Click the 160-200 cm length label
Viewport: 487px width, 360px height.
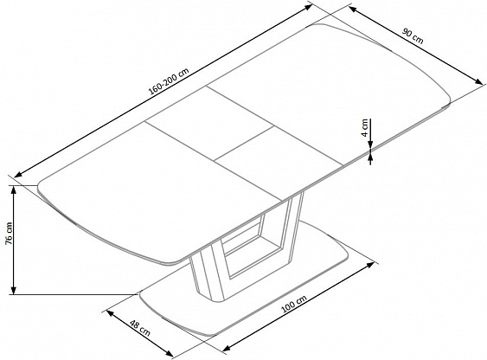[169, 81]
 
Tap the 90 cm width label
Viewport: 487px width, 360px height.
[413, 36]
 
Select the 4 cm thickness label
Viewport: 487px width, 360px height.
[365, 127]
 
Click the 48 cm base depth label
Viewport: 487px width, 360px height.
[140, 328]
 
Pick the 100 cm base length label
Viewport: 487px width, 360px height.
[294, 304]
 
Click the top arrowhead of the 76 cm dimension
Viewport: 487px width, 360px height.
[13, 190]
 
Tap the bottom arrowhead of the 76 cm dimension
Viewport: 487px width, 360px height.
[13, 290]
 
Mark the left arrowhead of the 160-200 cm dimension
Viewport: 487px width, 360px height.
[18, 174]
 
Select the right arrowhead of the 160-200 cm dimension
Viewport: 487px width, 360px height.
[308, 7]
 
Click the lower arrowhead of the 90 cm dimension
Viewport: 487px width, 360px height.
[478, 81]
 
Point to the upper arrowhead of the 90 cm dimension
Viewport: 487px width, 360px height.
[353, 9]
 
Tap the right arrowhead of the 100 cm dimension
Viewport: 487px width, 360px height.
[370, 265]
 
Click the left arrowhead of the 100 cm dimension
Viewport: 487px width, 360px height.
[227, 348]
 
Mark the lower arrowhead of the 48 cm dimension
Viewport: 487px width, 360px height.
[169, 353]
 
